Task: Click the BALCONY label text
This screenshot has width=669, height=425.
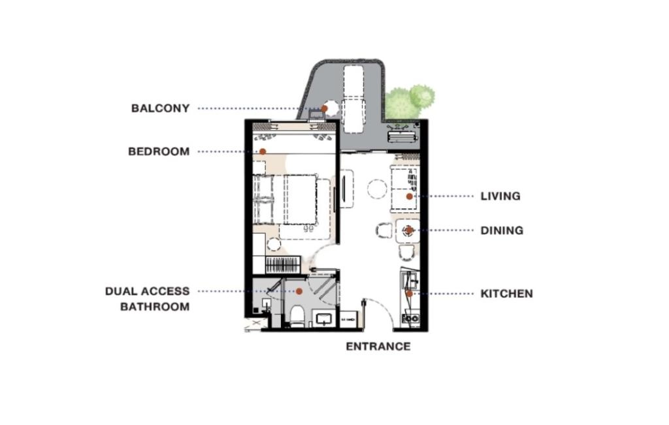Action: pos(160,108)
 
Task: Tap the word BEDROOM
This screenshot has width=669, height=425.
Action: pos(159,151)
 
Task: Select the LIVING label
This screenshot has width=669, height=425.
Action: pos(500,196)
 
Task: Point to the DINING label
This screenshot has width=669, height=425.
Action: pos(502,230)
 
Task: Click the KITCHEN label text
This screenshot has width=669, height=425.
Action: pos(506,294)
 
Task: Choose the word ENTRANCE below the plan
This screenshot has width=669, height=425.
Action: pos(378,347)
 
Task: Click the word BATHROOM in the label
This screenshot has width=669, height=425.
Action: pos(155,307)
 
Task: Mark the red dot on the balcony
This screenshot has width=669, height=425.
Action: pos(325,108)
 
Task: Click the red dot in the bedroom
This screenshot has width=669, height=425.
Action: pos(262,151)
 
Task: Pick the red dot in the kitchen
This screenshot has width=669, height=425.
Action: pos(409,294)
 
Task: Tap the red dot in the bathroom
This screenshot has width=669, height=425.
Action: pos(299,291)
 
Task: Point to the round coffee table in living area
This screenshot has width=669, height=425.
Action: pos(377,189)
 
